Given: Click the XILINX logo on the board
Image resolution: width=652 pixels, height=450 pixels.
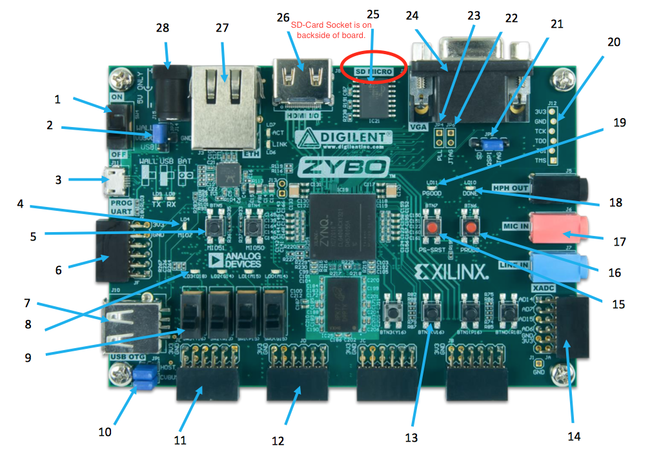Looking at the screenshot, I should [x=452, y=272].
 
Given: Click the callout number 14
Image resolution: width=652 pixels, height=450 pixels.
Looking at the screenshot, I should [x=573, y=436].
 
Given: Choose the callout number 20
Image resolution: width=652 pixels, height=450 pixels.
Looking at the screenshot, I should [x=613, y=41].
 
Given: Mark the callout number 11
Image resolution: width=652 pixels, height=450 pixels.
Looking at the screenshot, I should [x=180, y=440].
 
